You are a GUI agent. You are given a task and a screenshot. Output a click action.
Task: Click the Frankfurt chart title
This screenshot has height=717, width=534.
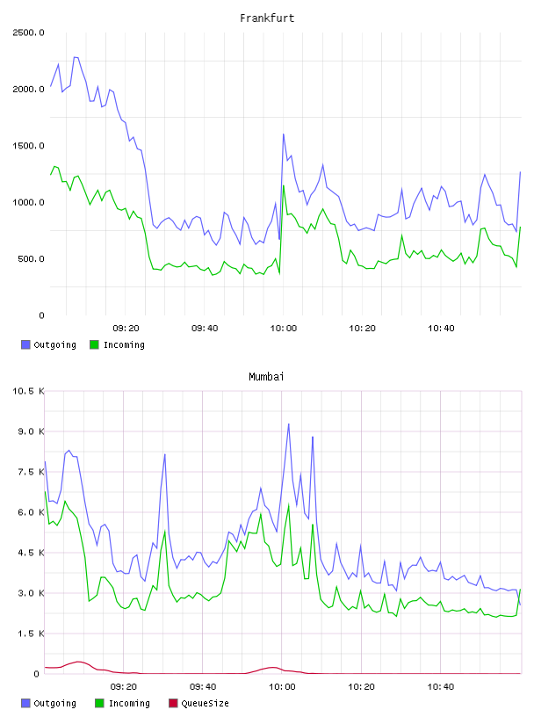click(267, 18)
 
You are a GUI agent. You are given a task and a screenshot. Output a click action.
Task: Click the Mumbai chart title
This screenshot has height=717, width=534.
click(266, 376)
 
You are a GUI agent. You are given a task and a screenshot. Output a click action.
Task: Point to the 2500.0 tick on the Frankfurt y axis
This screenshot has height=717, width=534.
click(28, 33)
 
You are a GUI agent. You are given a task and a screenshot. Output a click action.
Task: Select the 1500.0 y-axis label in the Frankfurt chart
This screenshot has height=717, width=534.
click(28, 146)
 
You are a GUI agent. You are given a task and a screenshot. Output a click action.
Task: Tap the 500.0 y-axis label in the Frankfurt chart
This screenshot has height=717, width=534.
click(31, 259)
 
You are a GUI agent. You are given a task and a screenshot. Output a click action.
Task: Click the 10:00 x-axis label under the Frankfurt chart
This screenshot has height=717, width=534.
click(284, 328)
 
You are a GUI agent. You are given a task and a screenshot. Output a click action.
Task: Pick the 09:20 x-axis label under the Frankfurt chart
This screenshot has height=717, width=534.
click(126, 328)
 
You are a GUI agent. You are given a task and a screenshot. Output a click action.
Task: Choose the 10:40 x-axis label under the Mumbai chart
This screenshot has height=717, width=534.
click(441, 686)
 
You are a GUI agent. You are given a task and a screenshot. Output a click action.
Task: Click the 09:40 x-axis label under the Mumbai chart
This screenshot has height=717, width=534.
click(203, 686)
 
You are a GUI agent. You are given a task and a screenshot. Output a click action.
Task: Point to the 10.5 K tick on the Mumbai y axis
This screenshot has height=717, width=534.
click(28, 391)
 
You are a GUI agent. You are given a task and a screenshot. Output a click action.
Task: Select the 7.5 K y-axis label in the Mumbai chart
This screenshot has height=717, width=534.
click(31, 472)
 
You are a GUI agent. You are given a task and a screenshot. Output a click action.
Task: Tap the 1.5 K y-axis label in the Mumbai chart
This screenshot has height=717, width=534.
click(31, 634)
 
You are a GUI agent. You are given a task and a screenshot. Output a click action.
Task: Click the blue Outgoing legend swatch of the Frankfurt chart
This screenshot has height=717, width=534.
click(25, 344)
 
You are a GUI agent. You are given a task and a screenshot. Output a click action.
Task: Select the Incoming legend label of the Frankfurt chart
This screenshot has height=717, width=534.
click(124, 344)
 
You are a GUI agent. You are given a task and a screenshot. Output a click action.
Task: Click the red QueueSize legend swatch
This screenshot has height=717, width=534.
click(173, 703)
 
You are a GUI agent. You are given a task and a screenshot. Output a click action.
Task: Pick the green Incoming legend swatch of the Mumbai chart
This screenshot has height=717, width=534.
click(99, 703)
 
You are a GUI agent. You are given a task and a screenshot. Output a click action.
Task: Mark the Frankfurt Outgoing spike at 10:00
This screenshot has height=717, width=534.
click(284, 134)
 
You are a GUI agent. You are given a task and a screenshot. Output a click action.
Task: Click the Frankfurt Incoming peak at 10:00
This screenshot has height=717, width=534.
click(284, 185)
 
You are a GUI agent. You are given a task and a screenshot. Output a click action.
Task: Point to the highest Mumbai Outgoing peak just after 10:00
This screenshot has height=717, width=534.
click(288, 424)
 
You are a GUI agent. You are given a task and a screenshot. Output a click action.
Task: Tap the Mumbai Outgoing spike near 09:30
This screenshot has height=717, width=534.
click(164, 454)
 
